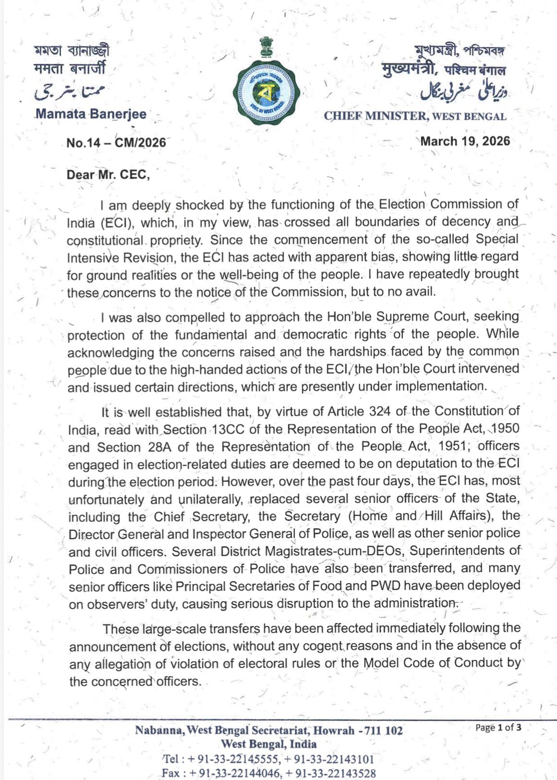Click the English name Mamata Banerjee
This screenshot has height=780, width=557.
[91, 114]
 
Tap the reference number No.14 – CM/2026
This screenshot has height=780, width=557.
[116, 143]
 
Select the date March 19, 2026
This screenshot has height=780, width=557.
[465, 141]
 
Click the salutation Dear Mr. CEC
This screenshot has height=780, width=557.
[108, 174]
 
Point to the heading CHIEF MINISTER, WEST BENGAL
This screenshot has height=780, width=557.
[415, 116]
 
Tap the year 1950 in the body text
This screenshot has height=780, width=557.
[506, 428]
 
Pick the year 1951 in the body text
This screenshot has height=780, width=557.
[452, 446]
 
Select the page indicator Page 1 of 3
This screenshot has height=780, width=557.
[498, 727]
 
